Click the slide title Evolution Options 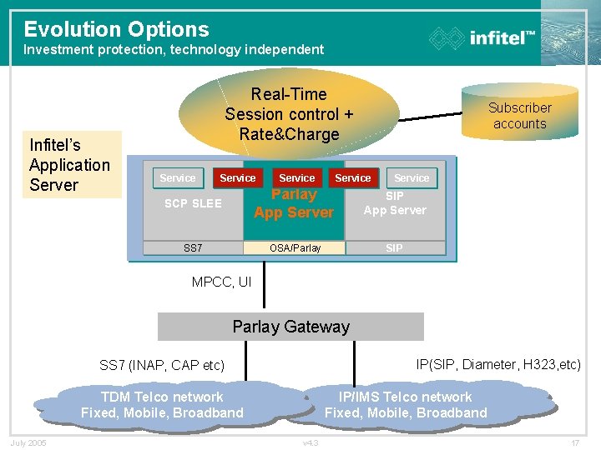coord(116,29)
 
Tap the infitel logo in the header coord(482,37)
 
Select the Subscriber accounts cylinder coord(519,115)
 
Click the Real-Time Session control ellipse coord(289,114)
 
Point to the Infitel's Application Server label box coord(70,165)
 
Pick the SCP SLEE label coord(193,203)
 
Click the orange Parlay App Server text coord(294,204)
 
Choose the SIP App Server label coord(395,203)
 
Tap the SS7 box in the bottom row coord(193,247)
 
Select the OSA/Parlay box coord(295,247)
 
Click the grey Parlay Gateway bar coord(291,327)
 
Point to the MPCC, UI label coord(221,282)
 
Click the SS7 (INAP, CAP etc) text coord(162,365)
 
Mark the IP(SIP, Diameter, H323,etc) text coord(498,364)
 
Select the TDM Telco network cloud coord(162,405)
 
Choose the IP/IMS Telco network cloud coord(406,405)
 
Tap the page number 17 coord(574,442)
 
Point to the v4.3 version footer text coord(310,442)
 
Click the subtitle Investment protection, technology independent coord(174,50)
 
